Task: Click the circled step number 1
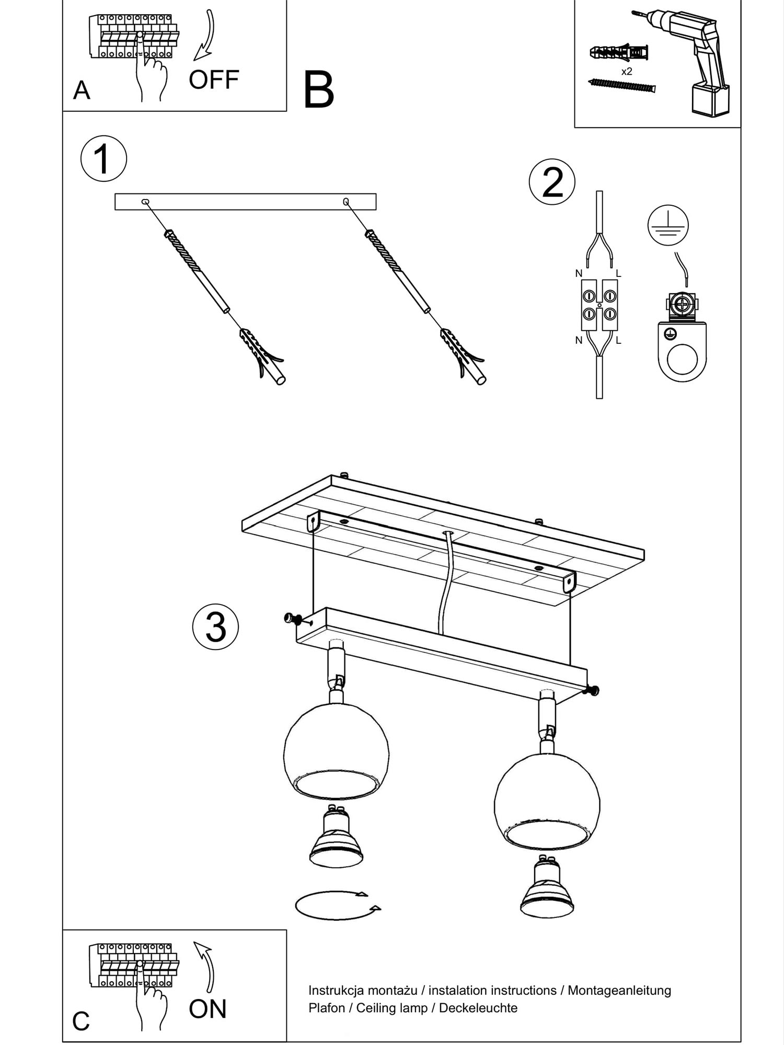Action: tap(103, 158)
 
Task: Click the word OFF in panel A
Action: tap(214, 80)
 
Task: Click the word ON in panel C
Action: tap(207, 1009)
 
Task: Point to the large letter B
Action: tap(318, 90)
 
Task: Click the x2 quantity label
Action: tap(626, 72)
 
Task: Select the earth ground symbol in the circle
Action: tap(668, 226)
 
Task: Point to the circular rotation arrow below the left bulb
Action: tap(338, 905)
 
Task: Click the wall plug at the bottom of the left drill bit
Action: tap(262, 356)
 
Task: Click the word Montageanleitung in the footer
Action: tap(619, 990)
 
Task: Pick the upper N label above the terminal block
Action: tap(579, 273)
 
